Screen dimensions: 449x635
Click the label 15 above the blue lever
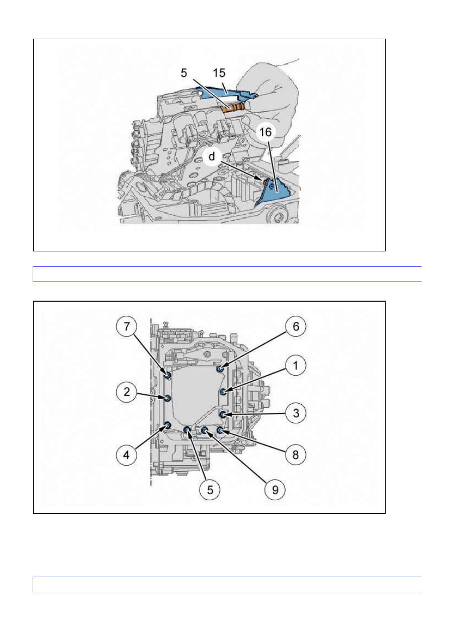click(219, 73)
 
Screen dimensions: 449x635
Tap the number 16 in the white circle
click(265, 132)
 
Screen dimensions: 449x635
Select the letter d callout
click(212, 156)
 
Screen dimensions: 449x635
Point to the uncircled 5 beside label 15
click(184, 73)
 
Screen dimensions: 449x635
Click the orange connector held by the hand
click(233, 108)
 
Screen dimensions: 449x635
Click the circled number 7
click(126, 326)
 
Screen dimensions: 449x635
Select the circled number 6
click(296, 326)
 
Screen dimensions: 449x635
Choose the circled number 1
click(296, 366)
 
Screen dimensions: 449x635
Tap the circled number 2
click(126, 392)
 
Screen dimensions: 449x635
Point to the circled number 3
click(296, 413)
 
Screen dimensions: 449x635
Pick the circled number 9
click(275, 490)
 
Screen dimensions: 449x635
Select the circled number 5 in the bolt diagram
click(210, 490)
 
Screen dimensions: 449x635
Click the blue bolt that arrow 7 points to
click(167, 376)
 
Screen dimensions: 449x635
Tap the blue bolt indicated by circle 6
click(220, 369)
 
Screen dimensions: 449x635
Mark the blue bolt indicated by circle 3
click(223, 415)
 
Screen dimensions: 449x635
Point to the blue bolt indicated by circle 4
click(167, 425)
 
